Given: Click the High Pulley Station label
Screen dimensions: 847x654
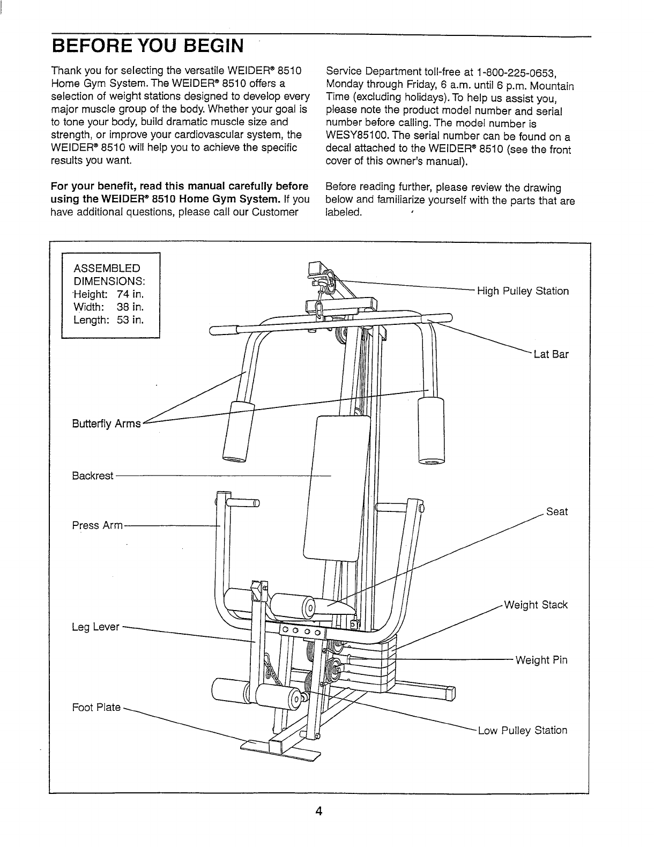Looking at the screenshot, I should (523, 291).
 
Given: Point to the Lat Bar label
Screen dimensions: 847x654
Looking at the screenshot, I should (551, 354).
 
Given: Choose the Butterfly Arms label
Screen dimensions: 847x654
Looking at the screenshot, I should (106, 424).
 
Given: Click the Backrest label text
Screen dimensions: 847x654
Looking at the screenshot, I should (93, 476).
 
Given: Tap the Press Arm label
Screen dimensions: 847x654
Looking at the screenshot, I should (98, 525).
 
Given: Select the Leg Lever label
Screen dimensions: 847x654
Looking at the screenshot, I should (95, 627).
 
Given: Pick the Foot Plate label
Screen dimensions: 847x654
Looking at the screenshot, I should (96, 708).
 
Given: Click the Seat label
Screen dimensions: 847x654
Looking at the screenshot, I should (556, 512).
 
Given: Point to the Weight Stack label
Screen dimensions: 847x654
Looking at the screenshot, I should (536, 605).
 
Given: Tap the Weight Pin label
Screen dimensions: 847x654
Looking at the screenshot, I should (541, 660).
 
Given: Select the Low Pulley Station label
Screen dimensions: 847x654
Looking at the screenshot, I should (522, 730).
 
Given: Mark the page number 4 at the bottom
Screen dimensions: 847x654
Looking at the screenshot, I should (318, 811).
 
